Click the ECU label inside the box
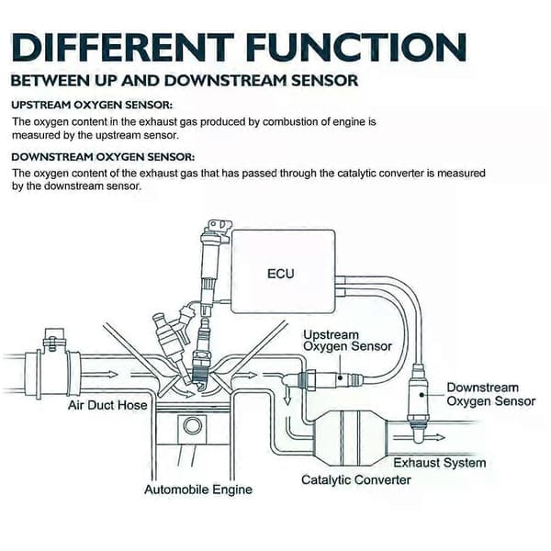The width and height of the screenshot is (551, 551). [x=280, y=274]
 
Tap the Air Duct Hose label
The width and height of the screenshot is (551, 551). [x=107, y=405]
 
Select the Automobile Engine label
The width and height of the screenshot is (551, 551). [x=198, y=489]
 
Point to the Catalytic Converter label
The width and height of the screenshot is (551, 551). [x=356, y=480]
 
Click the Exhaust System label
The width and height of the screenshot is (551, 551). [x=440, y=463]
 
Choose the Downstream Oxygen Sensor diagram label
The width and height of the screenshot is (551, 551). [x=491, y=394]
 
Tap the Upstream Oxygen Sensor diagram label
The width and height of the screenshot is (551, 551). [x=347, y=340]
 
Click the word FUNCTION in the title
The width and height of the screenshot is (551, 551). [x=356, y=48]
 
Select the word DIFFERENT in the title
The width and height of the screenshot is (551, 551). [x=123, y=48]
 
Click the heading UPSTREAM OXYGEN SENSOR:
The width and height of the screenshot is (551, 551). [x=92, y=105]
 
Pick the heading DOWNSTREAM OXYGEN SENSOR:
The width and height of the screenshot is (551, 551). [x=103, y=157]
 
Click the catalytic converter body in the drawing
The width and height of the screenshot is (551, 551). [x=350, y=437]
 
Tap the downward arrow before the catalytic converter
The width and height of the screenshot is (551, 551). [x=287, y=395]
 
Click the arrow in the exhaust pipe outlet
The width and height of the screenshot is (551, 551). [x=419, y=437]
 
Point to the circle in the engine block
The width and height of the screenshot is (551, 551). [x=192, y=426]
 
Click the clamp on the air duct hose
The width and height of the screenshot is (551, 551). [x=53, y=338]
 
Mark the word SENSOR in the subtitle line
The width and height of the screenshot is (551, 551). [x=325, y=81]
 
